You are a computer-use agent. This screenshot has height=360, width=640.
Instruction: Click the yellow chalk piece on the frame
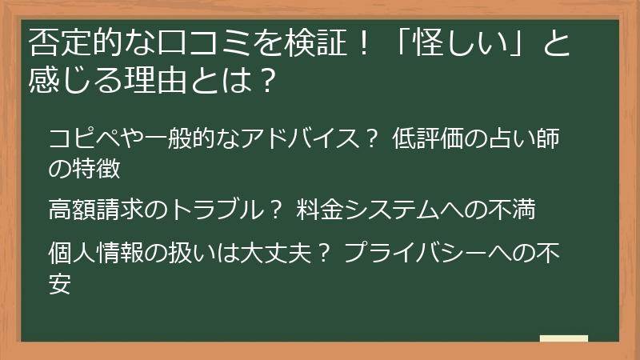pyautogui.click(x=563, y=338)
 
